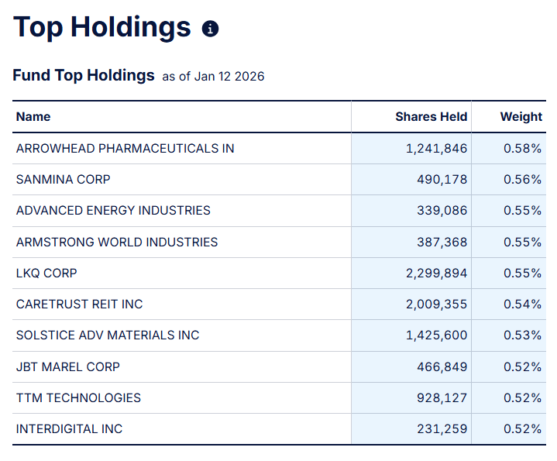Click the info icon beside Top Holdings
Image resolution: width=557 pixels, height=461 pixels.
click(210, 29)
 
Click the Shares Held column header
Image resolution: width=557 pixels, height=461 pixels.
click(431, 117)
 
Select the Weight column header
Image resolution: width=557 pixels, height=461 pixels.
click(521, 117)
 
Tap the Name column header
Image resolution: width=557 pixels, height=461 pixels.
click(33, 117)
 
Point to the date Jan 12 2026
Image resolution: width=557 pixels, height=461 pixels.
click(229, 77)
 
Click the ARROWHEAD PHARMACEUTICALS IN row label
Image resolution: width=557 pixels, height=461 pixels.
click(125, 148)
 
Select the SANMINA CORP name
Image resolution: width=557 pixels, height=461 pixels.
click(63, 179)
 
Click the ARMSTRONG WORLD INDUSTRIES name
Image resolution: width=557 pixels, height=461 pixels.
click(117, 242)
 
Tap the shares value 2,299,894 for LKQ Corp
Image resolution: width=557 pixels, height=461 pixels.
click(436, 273)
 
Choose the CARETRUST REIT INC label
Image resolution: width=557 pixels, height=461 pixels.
click(79, 304)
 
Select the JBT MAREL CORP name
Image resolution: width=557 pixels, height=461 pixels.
click(68, 366)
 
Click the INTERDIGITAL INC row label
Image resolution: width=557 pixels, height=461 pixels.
click(69, 429)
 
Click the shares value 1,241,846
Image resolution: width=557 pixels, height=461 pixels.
click(436, 148)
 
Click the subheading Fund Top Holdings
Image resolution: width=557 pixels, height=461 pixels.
click(84, 76)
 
